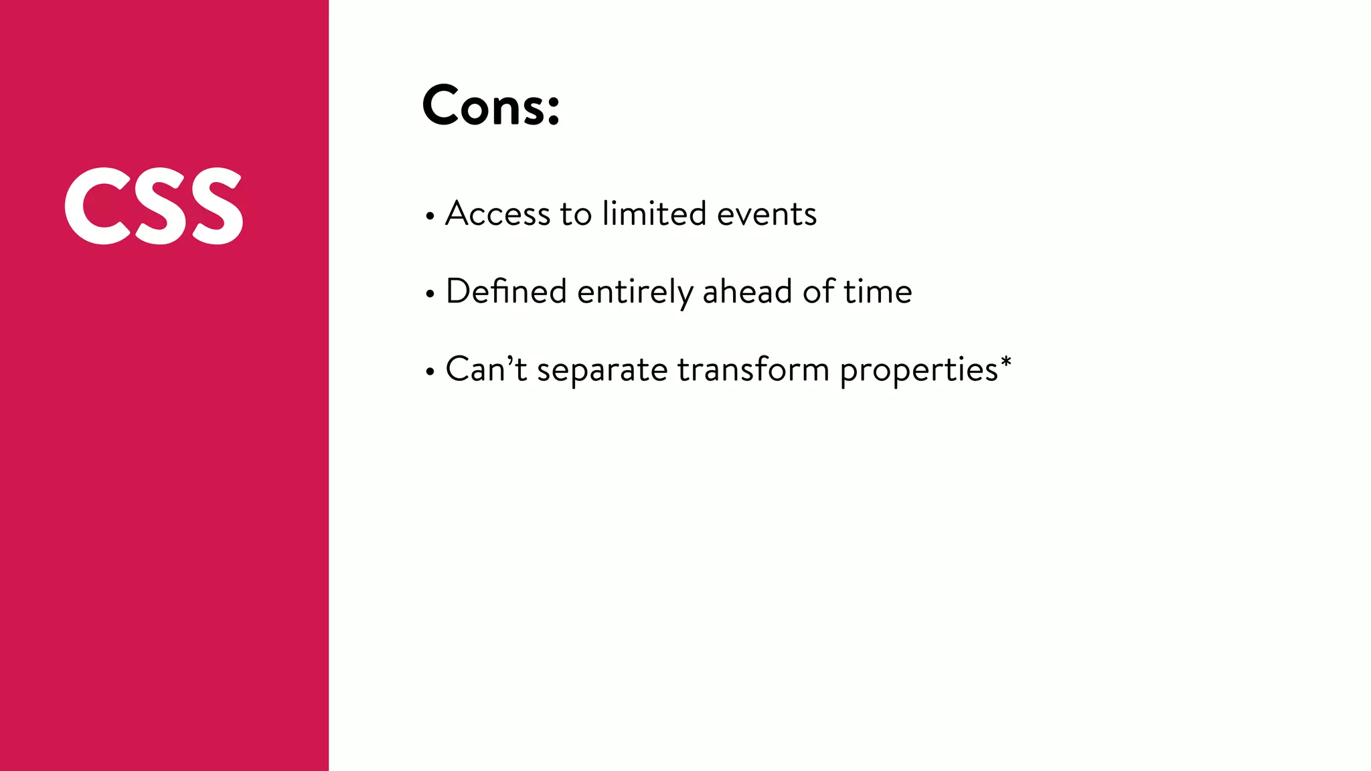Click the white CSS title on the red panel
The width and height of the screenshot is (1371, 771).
[x=154, y=205]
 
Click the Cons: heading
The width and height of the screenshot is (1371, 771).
[x=491, y=106]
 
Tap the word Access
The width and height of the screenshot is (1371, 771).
[x=497, y=214]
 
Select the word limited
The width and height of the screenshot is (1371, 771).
[x=654, y=214]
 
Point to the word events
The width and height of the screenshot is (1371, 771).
[x=767, y=214]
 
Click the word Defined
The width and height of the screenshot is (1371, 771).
[x=506, y=292]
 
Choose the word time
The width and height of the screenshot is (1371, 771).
[x=877, y=292]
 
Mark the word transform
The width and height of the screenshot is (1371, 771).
[x=753, y=369]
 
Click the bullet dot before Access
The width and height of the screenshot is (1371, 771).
[x=430, y=216]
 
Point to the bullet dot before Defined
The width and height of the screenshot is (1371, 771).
[x=430, y=294]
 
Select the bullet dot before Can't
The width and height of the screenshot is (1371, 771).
[x=430, y=371]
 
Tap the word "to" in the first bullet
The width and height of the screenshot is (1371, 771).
[x=576, y=214]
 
